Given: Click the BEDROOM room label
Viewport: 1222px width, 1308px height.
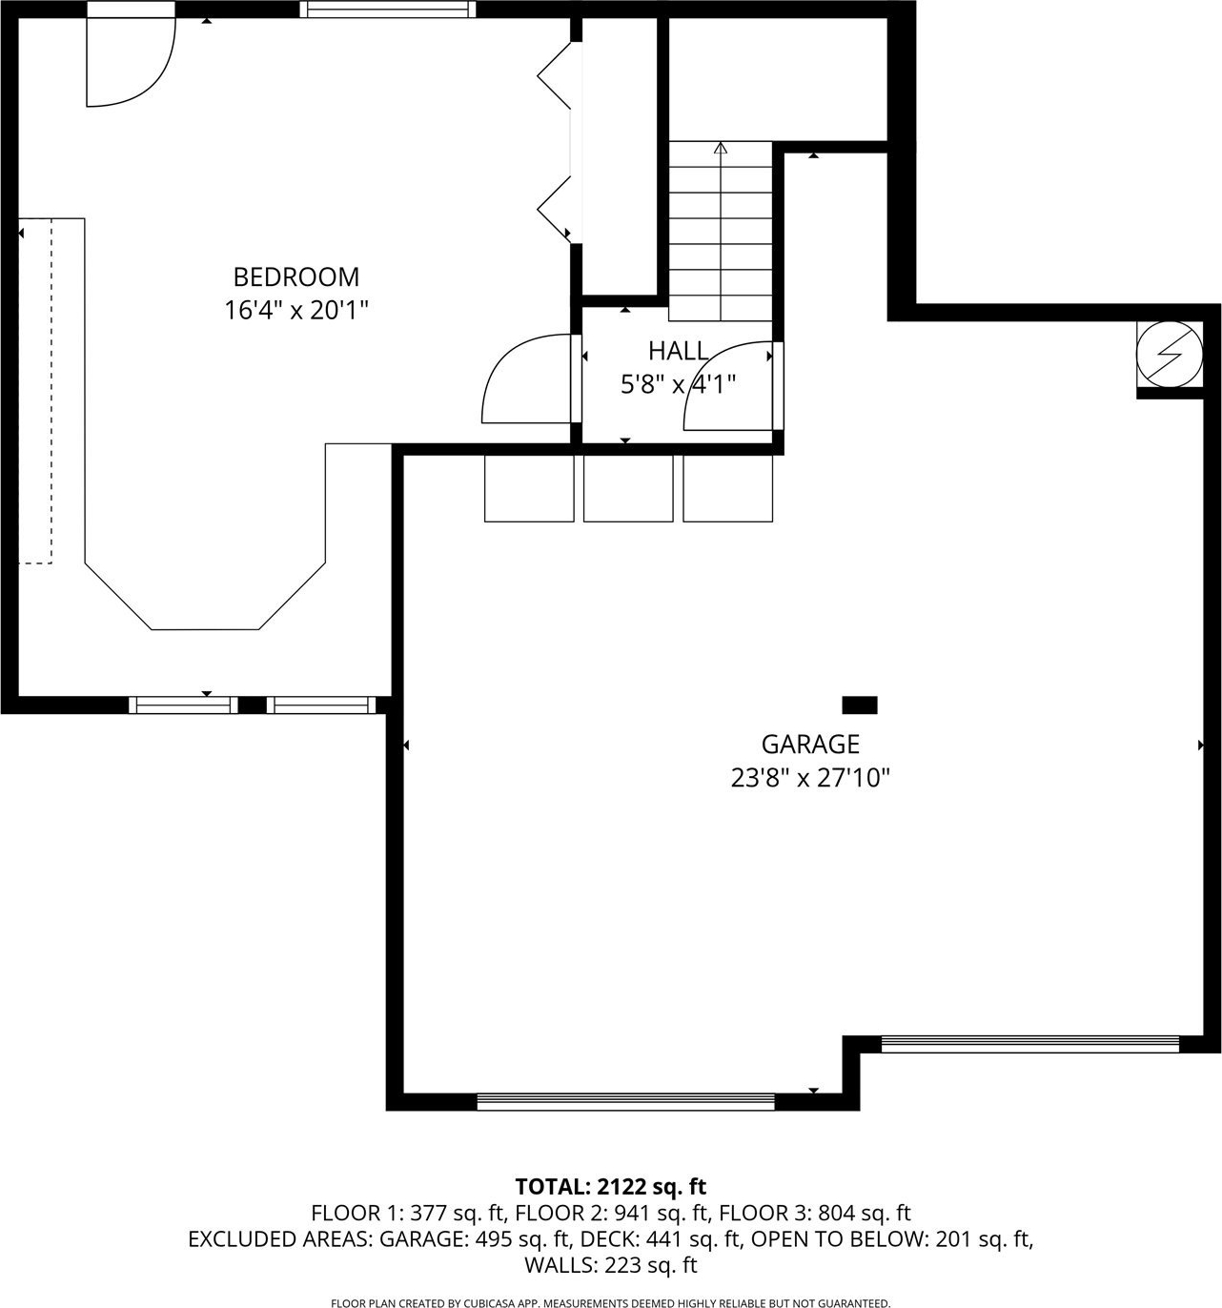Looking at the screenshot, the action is (296, 277).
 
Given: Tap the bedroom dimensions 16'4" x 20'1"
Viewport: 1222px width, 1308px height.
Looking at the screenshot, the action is (295, 310).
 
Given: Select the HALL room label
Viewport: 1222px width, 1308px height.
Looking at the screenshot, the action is (678, 352).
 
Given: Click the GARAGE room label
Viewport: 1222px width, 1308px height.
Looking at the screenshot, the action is (810, 745).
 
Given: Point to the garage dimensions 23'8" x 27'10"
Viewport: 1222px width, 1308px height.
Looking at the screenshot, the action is (810, 779).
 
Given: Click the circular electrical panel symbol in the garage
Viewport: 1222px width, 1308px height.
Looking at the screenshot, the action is (1170, 355).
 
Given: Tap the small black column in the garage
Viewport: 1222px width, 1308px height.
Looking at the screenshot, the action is (860, 705).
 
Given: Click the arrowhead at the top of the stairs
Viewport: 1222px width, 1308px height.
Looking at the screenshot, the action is (721, 148).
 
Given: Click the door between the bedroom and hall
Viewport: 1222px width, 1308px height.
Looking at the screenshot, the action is (527, 378).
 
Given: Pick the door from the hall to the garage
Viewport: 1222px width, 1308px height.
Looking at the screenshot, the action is (733, 386).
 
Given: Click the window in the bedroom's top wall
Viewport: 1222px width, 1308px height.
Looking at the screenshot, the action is (388, 10).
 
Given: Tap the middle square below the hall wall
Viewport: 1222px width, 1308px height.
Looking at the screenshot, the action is (628, 489).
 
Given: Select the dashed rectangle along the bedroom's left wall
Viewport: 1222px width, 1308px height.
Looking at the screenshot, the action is (35, 391).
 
